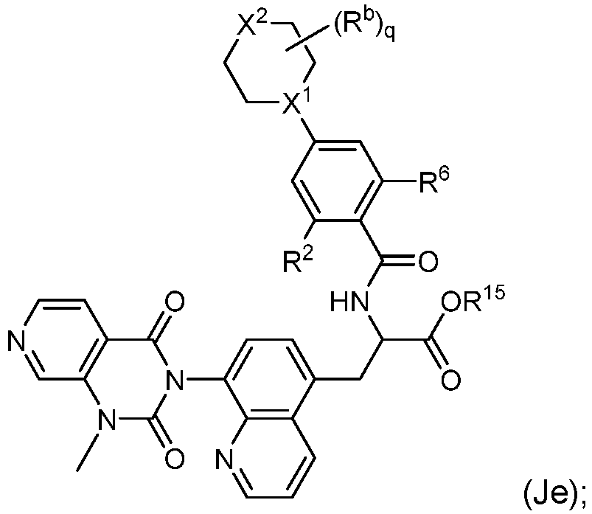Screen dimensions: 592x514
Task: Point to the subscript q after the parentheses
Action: tap(390, 37)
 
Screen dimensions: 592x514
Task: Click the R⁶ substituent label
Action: tap(433, 181)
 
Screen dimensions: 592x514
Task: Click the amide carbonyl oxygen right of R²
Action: tap(428, 262)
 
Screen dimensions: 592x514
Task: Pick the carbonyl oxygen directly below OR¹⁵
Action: tap(451, 379)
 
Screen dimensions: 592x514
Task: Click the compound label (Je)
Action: tap(554, 494)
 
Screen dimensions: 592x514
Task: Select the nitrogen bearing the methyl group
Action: tap(106, 418)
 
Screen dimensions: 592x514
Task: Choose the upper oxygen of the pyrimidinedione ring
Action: tap(175, 301)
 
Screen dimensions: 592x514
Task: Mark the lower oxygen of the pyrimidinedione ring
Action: tap(175, 459)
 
